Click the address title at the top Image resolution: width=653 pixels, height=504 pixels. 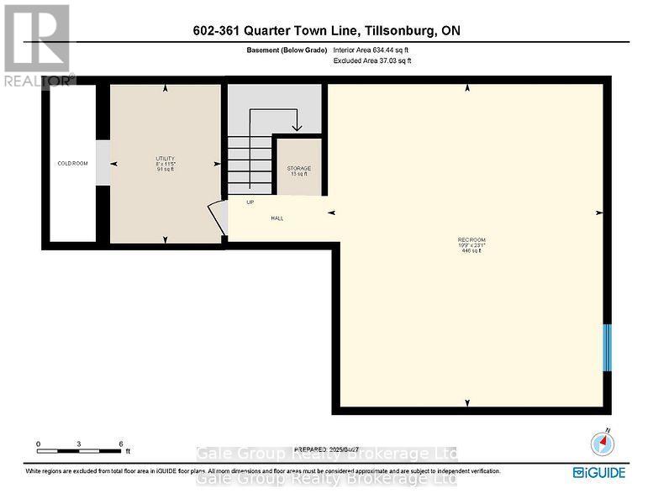pyautogui.click(x=325, y=31)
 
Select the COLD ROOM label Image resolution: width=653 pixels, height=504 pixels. pyautogui.click(x=72, y=163)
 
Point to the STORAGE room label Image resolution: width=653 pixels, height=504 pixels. pyautogui.click(x=299, y=171)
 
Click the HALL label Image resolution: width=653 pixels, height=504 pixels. pyautogui.click(x=276, y=218)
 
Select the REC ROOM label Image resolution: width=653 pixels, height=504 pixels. pyautogui.click(x=471, y=244)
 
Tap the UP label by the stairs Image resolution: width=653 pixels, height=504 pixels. pyautogui.click(x=250, y=202)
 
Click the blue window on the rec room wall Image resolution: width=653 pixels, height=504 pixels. pyautogui.click(x=608, y=346)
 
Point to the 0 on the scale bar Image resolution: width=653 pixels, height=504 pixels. pyautogui.click(x=38, y=444)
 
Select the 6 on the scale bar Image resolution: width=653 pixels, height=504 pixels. pyautogui.click(x=121, y=444)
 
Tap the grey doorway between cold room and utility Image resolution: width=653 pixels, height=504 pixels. pyautogui.click(x=103, y=163)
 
